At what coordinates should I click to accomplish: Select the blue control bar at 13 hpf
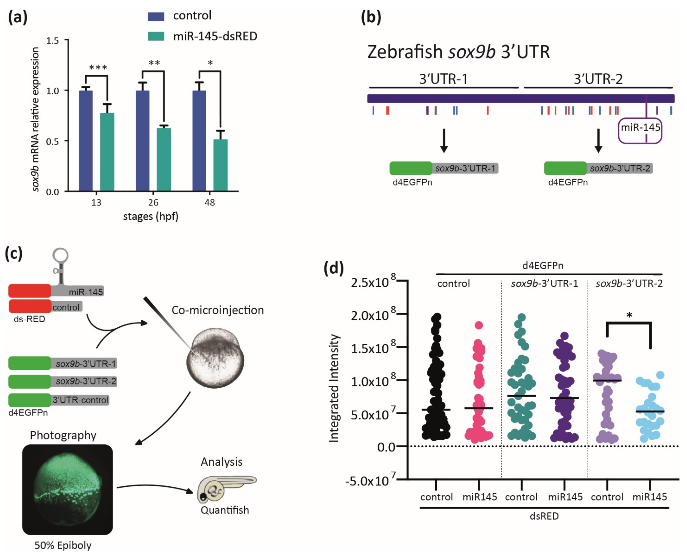86,141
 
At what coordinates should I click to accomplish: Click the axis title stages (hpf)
151,216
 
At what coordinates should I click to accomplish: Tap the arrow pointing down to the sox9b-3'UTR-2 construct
598,141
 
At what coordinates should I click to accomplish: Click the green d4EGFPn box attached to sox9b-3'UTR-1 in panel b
411,168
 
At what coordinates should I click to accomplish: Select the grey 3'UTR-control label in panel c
80,400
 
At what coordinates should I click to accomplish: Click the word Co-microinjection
217,310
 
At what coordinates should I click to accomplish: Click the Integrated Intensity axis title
334,388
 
